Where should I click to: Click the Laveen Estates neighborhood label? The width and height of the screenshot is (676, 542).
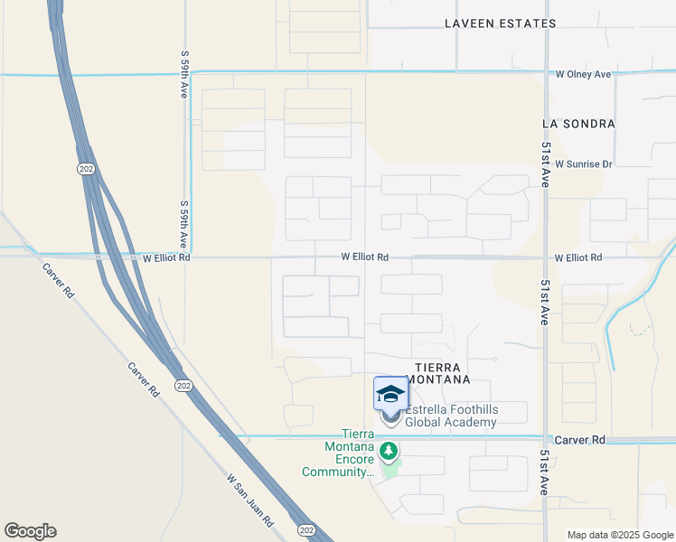500,23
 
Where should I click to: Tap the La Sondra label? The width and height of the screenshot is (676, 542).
578,123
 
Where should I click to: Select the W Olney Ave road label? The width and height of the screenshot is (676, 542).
583,74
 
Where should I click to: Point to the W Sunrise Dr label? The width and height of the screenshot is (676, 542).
584,164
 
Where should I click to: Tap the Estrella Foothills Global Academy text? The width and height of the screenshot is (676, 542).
451,416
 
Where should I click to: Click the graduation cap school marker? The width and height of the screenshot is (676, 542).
390,395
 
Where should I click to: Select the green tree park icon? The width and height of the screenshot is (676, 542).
389,450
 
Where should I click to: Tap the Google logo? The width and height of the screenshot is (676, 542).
30,531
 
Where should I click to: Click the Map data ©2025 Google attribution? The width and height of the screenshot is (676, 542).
619,535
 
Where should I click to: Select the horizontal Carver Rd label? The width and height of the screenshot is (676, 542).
579,440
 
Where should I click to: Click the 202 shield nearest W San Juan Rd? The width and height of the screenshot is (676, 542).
305,528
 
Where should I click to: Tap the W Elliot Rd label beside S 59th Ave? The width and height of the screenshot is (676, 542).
166,257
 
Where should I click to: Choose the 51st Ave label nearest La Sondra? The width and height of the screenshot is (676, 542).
546,163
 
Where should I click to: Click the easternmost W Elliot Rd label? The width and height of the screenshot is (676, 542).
578,257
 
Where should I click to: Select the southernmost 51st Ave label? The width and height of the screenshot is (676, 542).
545,472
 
